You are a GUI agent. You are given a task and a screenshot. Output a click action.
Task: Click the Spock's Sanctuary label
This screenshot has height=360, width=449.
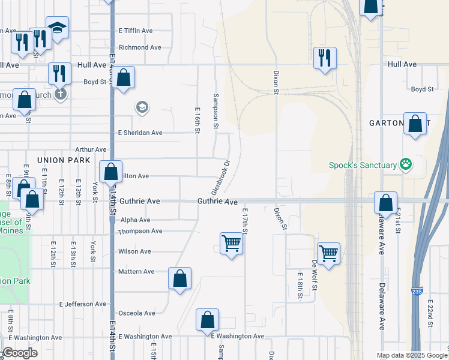(362, 165)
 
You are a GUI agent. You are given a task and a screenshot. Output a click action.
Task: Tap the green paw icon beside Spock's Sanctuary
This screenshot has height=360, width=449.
(406, 163)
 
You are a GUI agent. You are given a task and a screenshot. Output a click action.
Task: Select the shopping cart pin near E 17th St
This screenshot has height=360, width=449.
(231, 244)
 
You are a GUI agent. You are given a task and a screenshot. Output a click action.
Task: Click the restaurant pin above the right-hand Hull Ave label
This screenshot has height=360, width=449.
(325, 58)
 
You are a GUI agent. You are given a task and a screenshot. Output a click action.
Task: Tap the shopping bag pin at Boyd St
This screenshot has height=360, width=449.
(123, 78)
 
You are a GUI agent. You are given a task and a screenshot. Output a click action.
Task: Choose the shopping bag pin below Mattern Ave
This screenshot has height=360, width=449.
(179, 278)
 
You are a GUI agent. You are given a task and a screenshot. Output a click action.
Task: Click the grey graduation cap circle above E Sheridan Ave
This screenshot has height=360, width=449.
(142, 108)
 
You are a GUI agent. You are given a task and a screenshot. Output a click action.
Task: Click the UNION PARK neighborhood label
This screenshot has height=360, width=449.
(64, 160)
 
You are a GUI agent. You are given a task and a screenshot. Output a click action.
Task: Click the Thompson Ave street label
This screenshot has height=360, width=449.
(140, 231)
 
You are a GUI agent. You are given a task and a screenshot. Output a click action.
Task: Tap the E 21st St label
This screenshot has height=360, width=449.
(397, 222)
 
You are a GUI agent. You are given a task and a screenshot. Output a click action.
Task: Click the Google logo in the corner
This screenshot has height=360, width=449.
(20, 353)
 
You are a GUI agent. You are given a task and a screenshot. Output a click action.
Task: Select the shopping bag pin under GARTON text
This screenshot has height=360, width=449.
(415, 124)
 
